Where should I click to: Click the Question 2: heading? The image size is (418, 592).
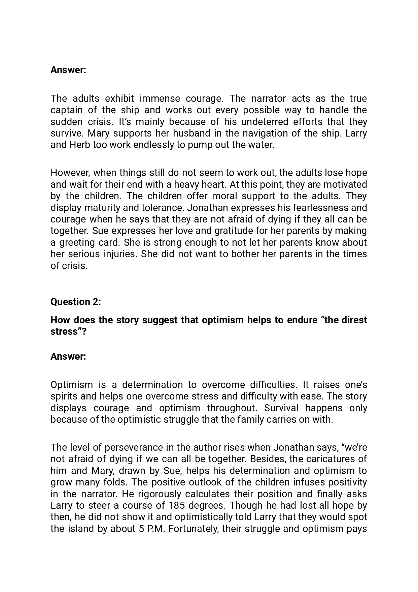(75, 302)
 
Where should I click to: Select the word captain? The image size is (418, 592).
(66, 110)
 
